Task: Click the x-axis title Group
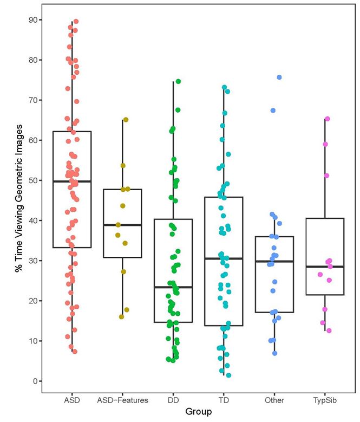[x=198, y=412]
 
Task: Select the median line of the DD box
[x=173, y=287]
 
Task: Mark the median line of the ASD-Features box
[x=122, y=225]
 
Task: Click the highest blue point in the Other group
[x=279, y=77]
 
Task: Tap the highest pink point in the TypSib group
[x=327, y=119]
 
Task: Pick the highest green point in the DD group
[x=178, y=81]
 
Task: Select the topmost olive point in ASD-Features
[x=126, y=120]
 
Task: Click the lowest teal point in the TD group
[x=228, y=375]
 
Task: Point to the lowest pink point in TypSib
[x=328, y=330]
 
